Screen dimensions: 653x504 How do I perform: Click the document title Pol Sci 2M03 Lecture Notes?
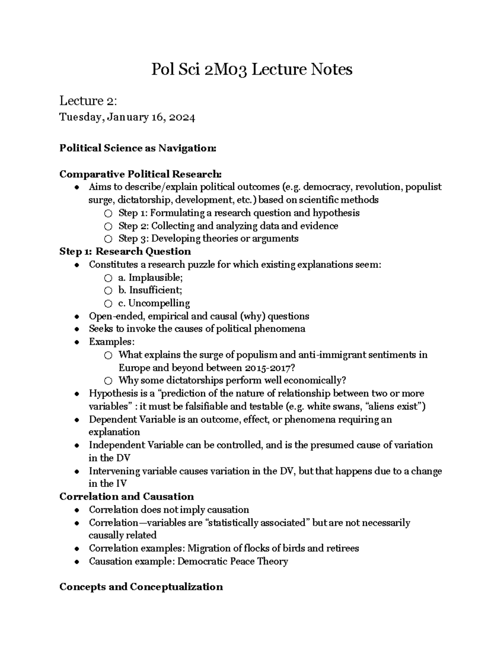click(x=252, y=69)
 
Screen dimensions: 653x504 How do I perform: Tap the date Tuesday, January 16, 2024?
click(x=127, y=117)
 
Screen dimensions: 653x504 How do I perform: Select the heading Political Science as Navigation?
click(x=138, y=148)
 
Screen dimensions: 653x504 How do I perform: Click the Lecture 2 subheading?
click(x=88, y=101)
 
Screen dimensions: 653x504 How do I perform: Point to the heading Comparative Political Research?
click(x=140, y=174)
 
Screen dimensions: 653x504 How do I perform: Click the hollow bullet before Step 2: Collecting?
click(x=108, y=226)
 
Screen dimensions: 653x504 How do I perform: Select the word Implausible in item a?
click(x=155, y=278)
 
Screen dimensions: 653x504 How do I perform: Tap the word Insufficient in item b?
click(x=155, y=290)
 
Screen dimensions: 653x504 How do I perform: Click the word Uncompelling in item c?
click(x=159, y=303)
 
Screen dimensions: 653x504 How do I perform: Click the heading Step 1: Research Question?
click(x=125, y=251)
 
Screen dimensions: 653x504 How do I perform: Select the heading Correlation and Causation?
click(x=126, y=497)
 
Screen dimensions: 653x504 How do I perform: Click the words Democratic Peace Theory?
click(x=233, y=561)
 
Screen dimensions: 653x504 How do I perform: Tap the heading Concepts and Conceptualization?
click(x=141, y=587)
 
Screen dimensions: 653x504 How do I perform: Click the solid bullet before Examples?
click(x=76, y=342)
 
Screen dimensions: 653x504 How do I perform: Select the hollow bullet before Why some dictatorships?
click(x=108, y=381)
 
